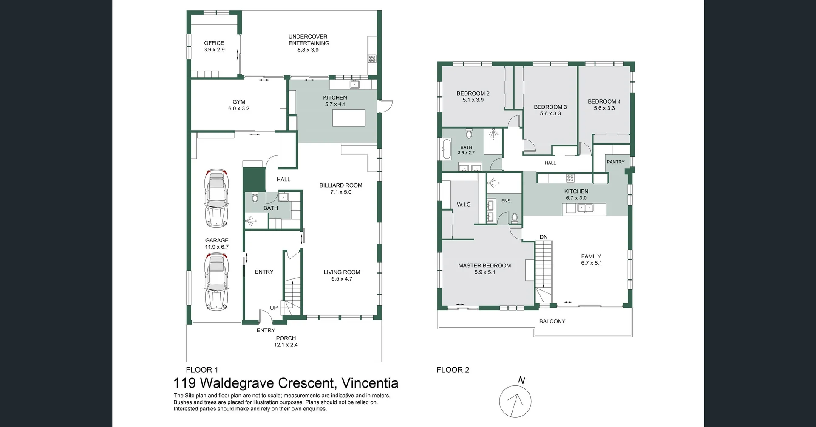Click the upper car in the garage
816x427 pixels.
point(216,198)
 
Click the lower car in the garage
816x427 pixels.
point(216,281)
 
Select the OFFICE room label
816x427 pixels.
point(214,43)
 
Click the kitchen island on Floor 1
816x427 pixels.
point(348,118)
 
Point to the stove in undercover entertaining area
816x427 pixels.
point(372,59)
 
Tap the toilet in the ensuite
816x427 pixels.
point(515,218)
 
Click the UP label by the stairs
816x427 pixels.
point(274,308)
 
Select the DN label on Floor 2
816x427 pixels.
point(544,237)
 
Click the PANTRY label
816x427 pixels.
point(615,162)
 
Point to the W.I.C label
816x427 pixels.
point(464,205)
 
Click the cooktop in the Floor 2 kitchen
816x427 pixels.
point(570,178)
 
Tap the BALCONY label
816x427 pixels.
point(552,321)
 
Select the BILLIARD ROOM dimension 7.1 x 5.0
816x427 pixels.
point(341,192)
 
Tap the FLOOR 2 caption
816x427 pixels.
point(453,370)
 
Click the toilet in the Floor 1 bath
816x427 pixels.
point(255,198)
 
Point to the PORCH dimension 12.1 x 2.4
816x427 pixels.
point(286,345)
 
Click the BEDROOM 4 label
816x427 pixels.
point(604,101)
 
